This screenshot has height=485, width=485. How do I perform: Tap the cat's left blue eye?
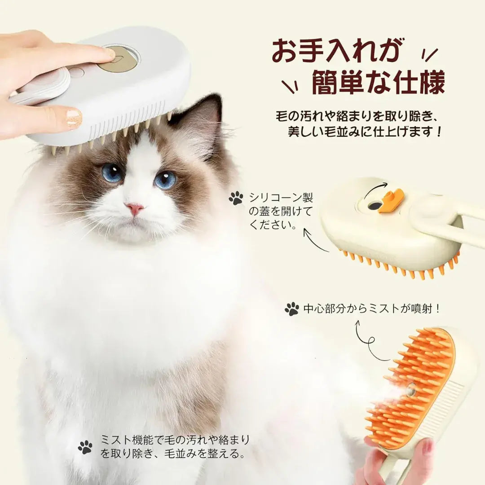(111, 172)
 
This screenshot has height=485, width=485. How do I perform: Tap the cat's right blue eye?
(165, 180)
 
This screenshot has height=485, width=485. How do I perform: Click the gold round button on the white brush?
(117, 60)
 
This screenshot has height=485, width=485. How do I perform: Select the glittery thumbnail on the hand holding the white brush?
(74, 117)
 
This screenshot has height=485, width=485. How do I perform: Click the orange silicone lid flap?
(391, 200)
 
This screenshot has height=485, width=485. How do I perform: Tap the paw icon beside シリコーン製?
(236, 198)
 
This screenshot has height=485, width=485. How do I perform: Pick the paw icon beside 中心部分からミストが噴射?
(292, 309)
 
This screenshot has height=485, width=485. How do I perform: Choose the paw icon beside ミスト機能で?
(85, 447)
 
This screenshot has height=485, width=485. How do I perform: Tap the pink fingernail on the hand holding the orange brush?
(428, 447)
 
